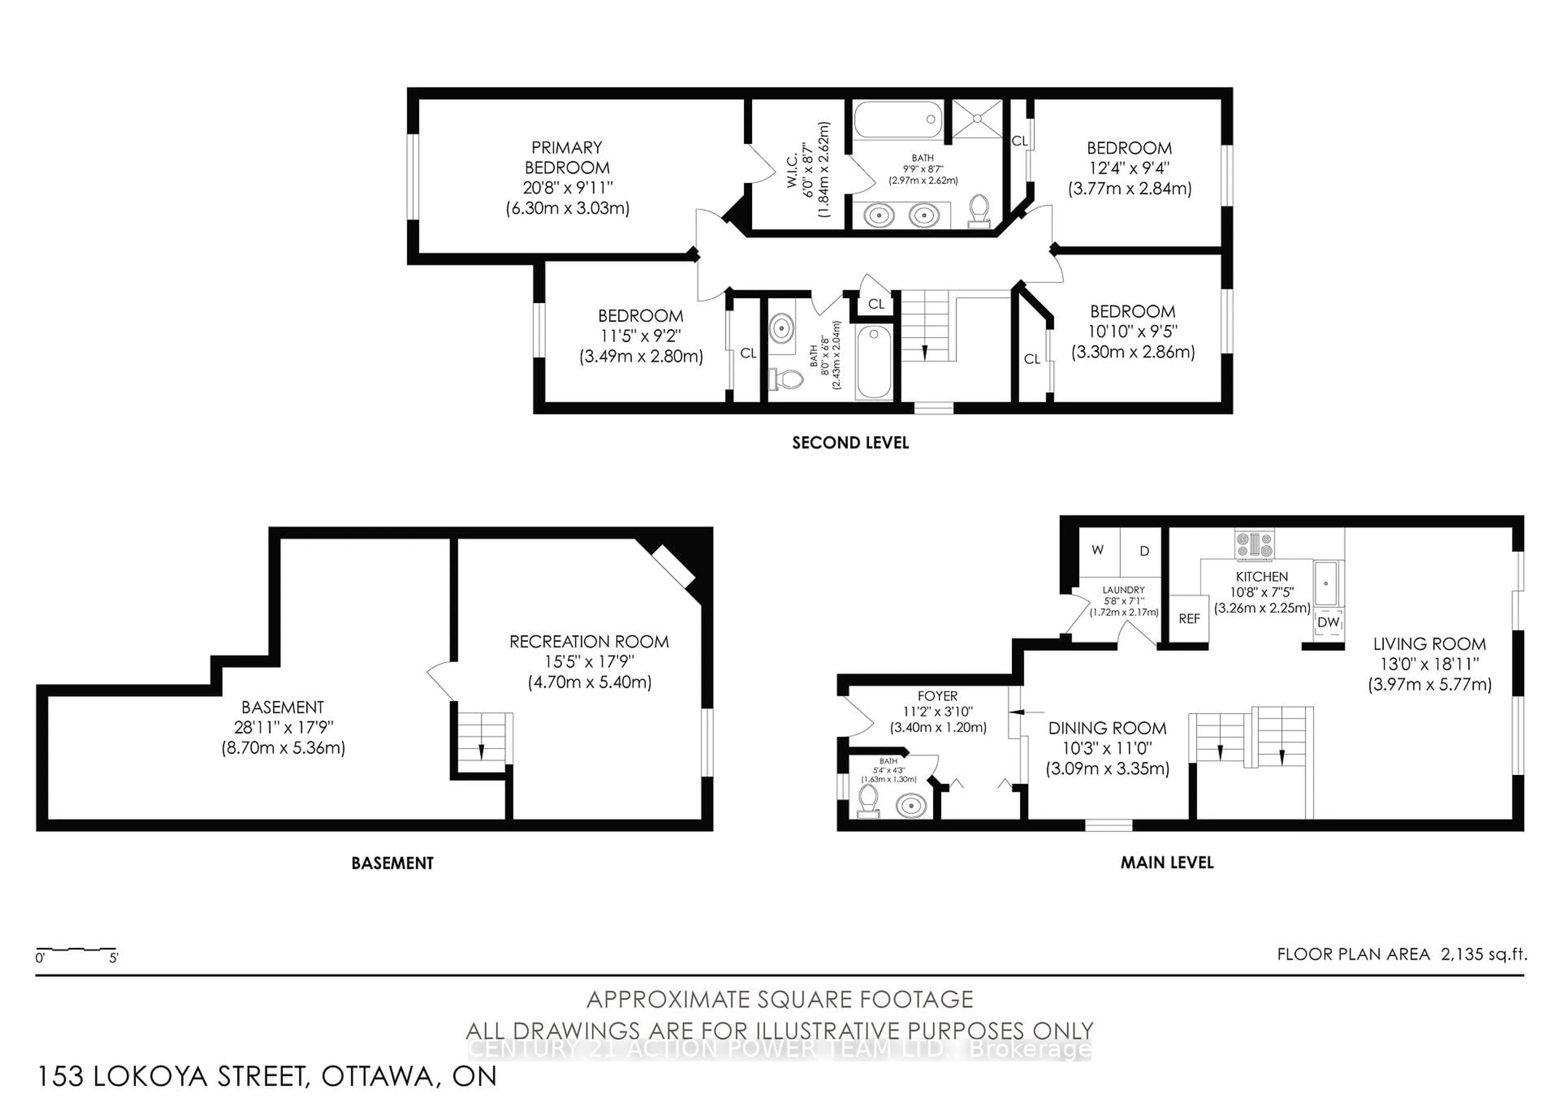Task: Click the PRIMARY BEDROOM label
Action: [566, 158]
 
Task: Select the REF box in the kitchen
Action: [1189, 618]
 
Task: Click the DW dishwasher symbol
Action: [1328, 622]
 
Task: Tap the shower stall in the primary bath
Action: [977, 119]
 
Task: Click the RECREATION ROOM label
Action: [589, 642]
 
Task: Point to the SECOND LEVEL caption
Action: [850, 443]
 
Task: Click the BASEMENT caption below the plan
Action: [392, 863]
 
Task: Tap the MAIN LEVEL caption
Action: [1166, 862]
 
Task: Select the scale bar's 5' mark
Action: [113, 958]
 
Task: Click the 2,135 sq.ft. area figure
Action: [1483, 954]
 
